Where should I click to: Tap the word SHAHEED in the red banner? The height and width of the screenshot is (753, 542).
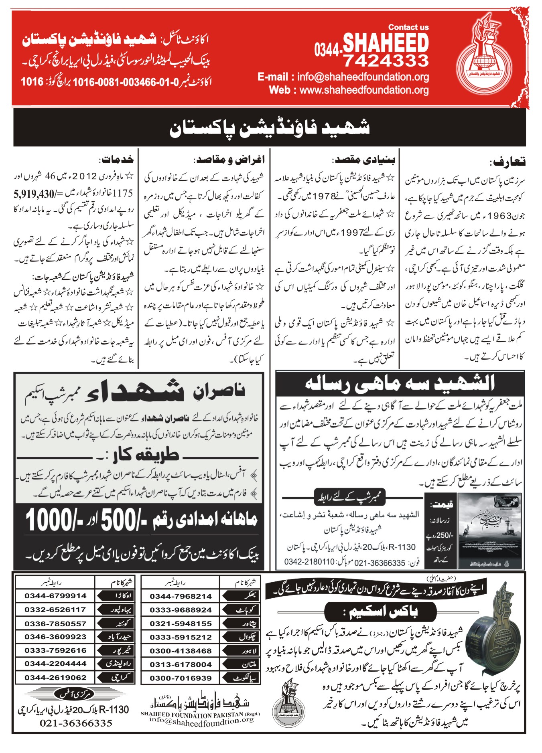click(x=386, y=43)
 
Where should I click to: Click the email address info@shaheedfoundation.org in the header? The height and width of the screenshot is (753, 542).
click(x=363, y=77)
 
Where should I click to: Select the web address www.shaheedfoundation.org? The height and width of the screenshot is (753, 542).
click(x=364, y=90)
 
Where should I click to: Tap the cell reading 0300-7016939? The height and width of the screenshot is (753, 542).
click(x=181, y=678)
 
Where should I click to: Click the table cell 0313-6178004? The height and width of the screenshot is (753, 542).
click(x=181, y=664)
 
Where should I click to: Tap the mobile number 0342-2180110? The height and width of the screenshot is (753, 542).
click(x=309, y=562)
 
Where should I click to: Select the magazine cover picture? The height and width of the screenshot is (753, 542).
click(x=489, y=530)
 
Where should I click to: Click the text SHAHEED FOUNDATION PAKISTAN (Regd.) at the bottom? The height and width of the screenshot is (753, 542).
click(x=200, y=714)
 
